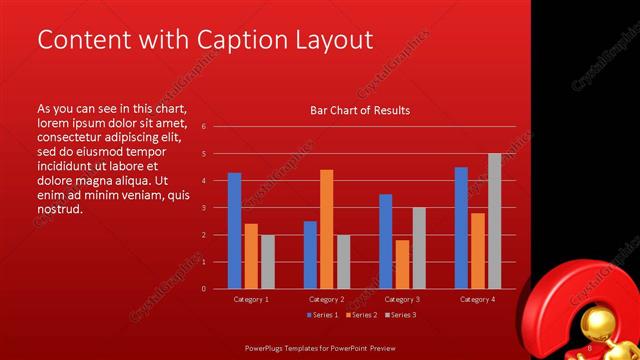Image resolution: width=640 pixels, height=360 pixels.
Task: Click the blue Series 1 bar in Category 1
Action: (234, 230)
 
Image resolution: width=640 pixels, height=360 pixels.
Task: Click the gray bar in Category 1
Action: (268, 261)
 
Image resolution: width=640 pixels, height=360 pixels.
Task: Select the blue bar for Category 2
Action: (310, 254)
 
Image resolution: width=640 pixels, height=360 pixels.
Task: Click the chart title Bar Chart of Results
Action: (360, 110)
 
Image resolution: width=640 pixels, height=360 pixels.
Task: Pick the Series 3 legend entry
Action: (401, 315)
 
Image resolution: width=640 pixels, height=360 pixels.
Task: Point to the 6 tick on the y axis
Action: (203, 127)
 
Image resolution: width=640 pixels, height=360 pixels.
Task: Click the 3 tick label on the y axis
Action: (203, 208)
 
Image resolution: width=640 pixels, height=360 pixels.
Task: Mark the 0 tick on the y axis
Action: (203, 289)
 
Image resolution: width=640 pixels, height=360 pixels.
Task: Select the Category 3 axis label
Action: (402, 299)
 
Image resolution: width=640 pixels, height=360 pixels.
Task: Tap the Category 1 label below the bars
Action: (251, 299)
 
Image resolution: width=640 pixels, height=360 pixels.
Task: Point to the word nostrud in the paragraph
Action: (58, 210)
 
